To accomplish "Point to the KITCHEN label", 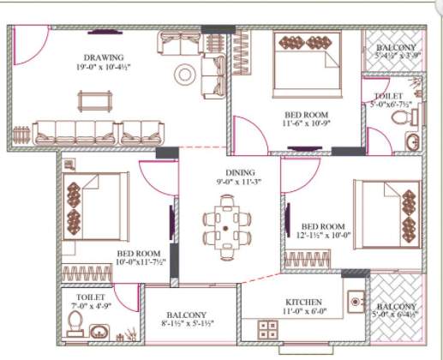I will point(303,303).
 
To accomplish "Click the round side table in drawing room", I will point(185,74).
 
